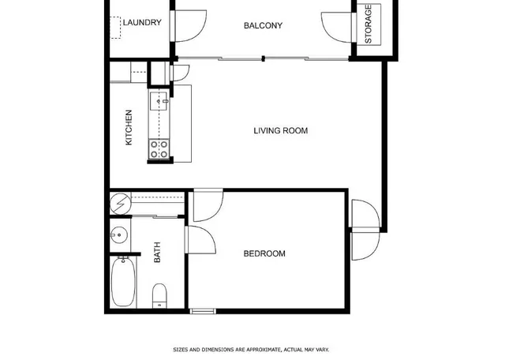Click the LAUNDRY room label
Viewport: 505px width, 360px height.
click(x=142, y=23)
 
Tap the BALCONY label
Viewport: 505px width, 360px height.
click(x=263, y=26)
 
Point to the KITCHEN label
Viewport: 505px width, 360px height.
click(x=129, y=127)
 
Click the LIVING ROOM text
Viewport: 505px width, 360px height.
click(x=280, y=131)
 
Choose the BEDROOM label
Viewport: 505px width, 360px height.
click(x=264, y=253)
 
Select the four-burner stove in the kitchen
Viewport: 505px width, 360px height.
click(x=159, y=148)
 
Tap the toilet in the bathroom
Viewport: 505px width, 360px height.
click(x=159, y=297)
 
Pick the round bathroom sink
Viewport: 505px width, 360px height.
click(x=119, y=234)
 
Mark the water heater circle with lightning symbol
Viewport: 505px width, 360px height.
click(x=119, y=204)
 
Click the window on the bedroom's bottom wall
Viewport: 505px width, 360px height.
click(x=202, y=311)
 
